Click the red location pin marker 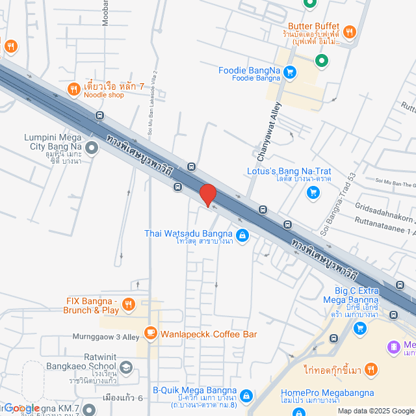[207, 195]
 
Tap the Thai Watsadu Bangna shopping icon [242, 235]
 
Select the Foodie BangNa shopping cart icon [290, 72]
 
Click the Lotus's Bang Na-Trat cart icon [313, 192]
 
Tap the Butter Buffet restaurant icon [350, 31]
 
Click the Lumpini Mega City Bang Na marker [92, 149]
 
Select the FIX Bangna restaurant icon [129, 304]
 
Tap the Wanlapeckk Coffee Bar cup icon [151, 334]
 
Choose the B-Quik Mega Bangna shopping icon [246, 395]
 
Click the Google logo [21, 408]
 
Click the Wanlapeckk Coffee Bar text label [209, 334]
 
